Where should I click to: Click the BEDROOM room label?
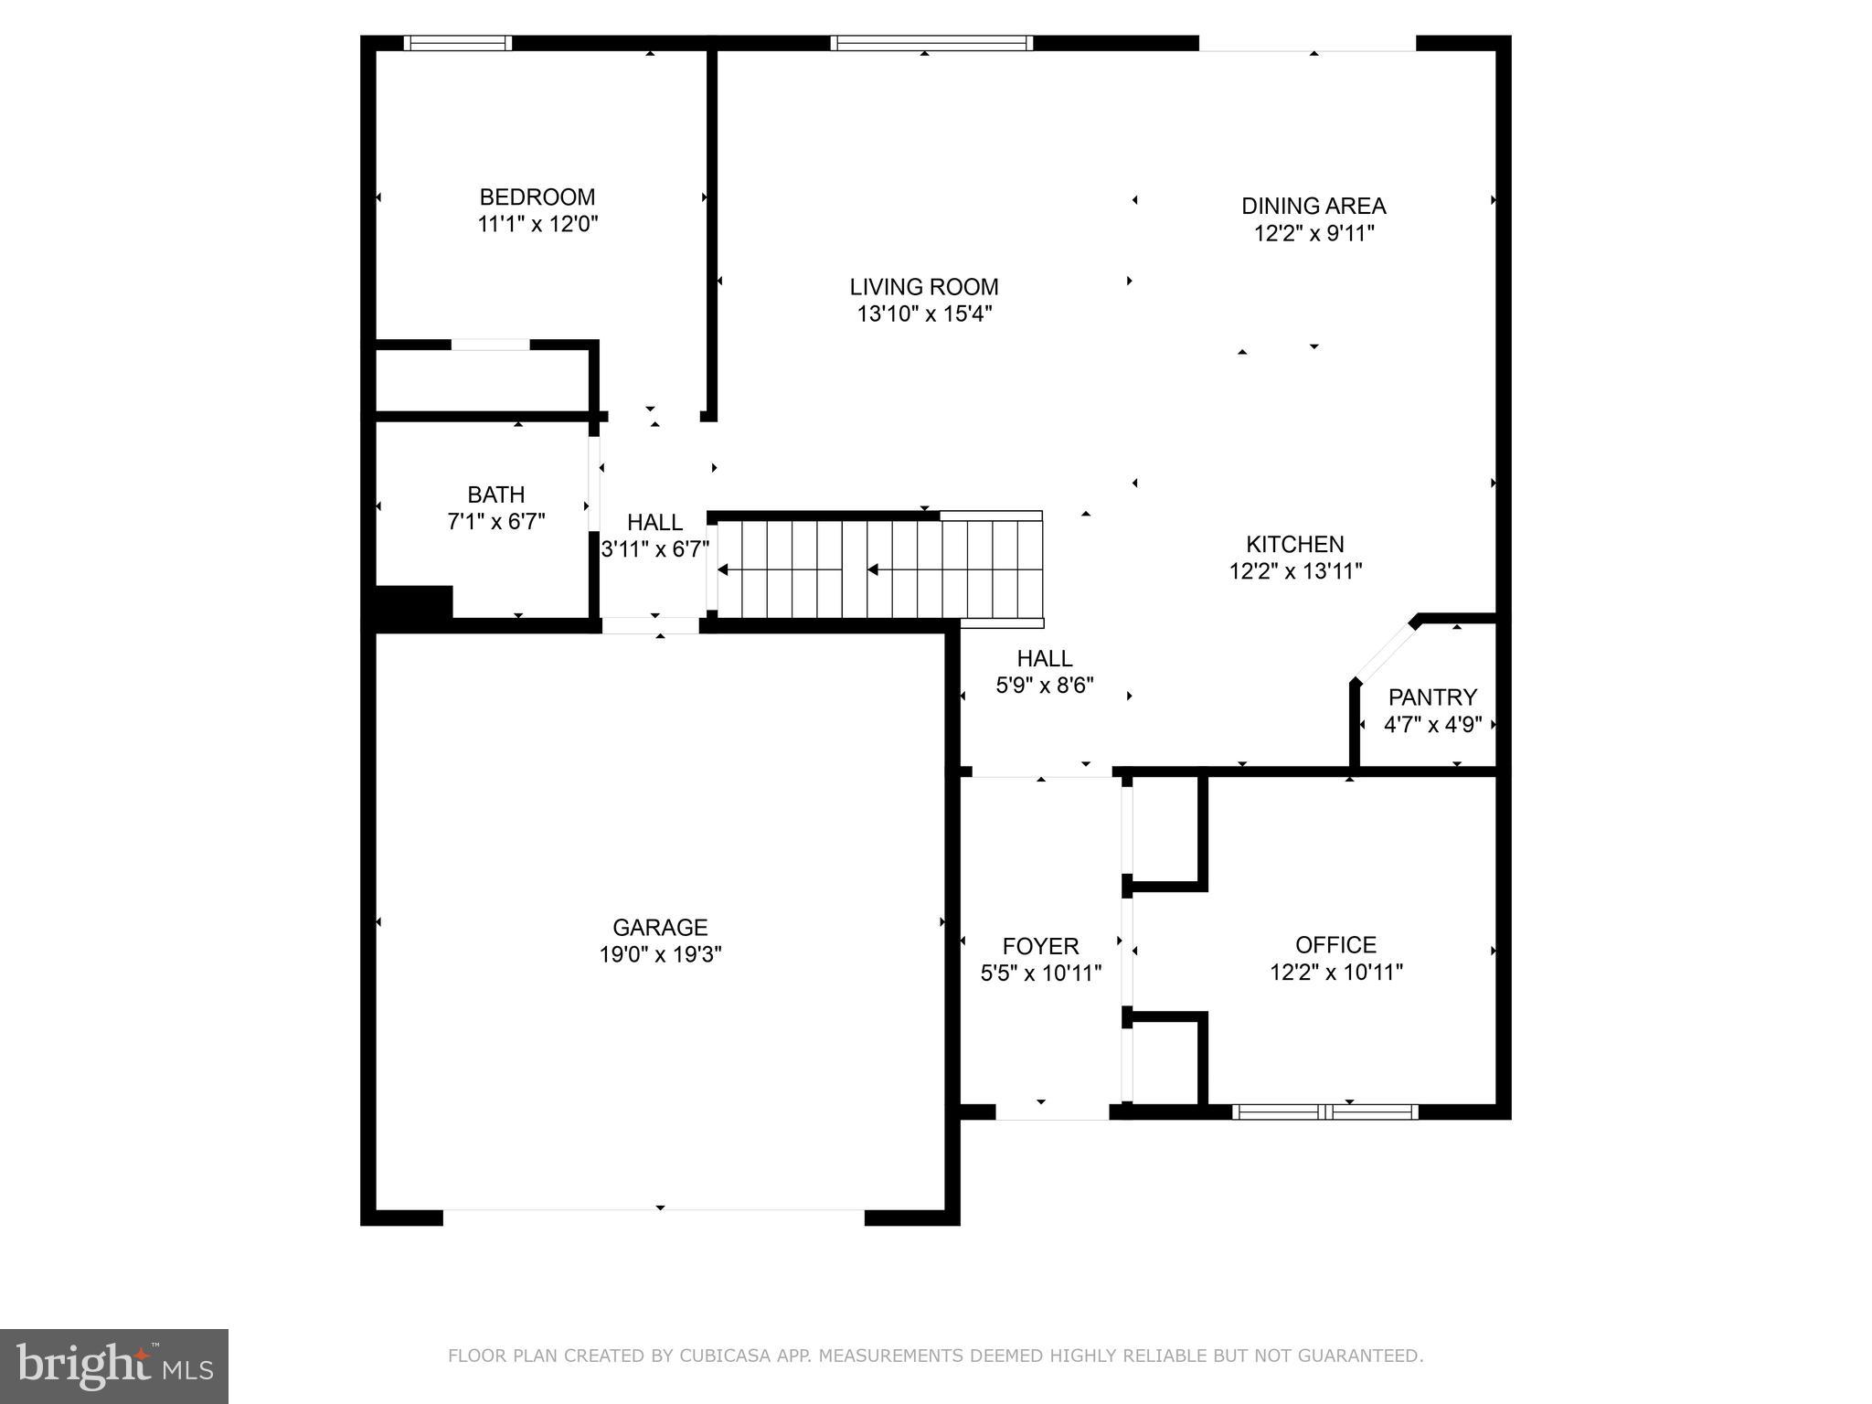[x=537, y=197]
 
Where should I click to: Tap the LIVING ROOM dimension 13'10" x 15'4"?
[x=924, y=314]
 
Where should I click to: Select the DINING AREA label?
[x=1314, y=206]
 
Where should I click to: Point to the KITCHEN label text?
[x=1295, y=544]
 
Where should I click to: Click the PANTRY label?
[x=1431, y=697]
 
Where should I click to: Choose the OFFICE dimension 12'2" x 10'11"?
[x=1335, y=972]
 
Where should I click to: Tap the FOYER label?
[x=1040, y=946]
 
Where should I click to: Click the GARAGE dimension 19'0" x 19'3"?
[x=660, y=954]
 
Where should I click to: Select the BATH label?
[x=495, y=495]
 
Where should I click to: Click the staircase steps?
[x=877, y=569]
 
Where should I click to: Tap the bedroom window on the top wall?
[x=457, y=43]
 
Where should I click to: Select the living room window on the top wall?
[x=931, y=43]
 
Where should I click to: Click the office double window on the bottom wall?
[x=1324, y=1111]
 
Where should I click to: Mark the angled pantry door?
[x=1384, y=652]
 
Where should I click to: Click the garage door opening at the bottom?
[x=654, y=1217]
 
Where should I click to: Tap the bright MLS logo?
[x=114, y=1367]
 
